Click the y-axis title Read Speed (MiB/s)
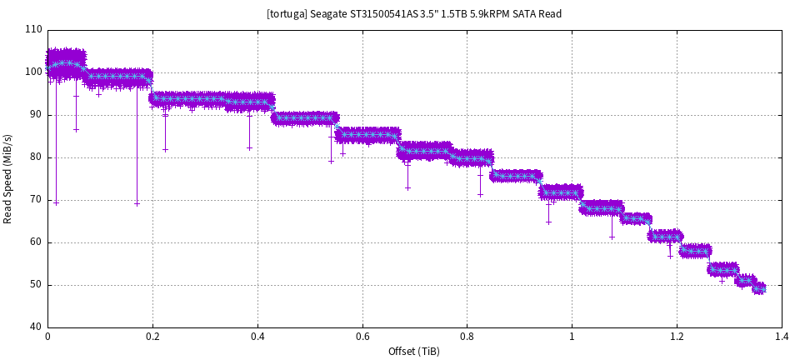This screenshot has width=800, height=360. coord(8,178)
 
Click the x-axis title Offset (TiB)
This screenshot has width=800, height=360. coord(414,352)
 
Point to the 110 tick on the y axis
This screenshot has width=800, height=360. coord(33,30)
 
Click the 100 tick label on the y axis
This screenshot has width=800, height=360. coord(33,72)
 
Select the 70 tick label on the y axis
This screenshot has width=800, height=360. coord(36,200)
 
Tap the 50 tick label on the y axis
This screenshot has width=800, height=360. coord(36,285)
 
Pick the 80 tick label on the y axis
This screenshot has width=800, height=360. coord(36,157)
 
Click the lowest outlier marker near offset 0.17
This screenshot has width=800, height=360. coord(137,204)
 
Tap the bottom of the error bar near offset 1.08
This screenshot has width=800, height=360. coord(612,237)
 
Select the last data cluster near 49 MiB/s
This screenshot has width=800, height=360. coord(758,289)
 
